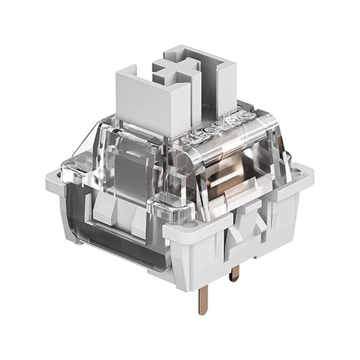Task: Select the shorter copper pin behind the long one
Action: (235, 272)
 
